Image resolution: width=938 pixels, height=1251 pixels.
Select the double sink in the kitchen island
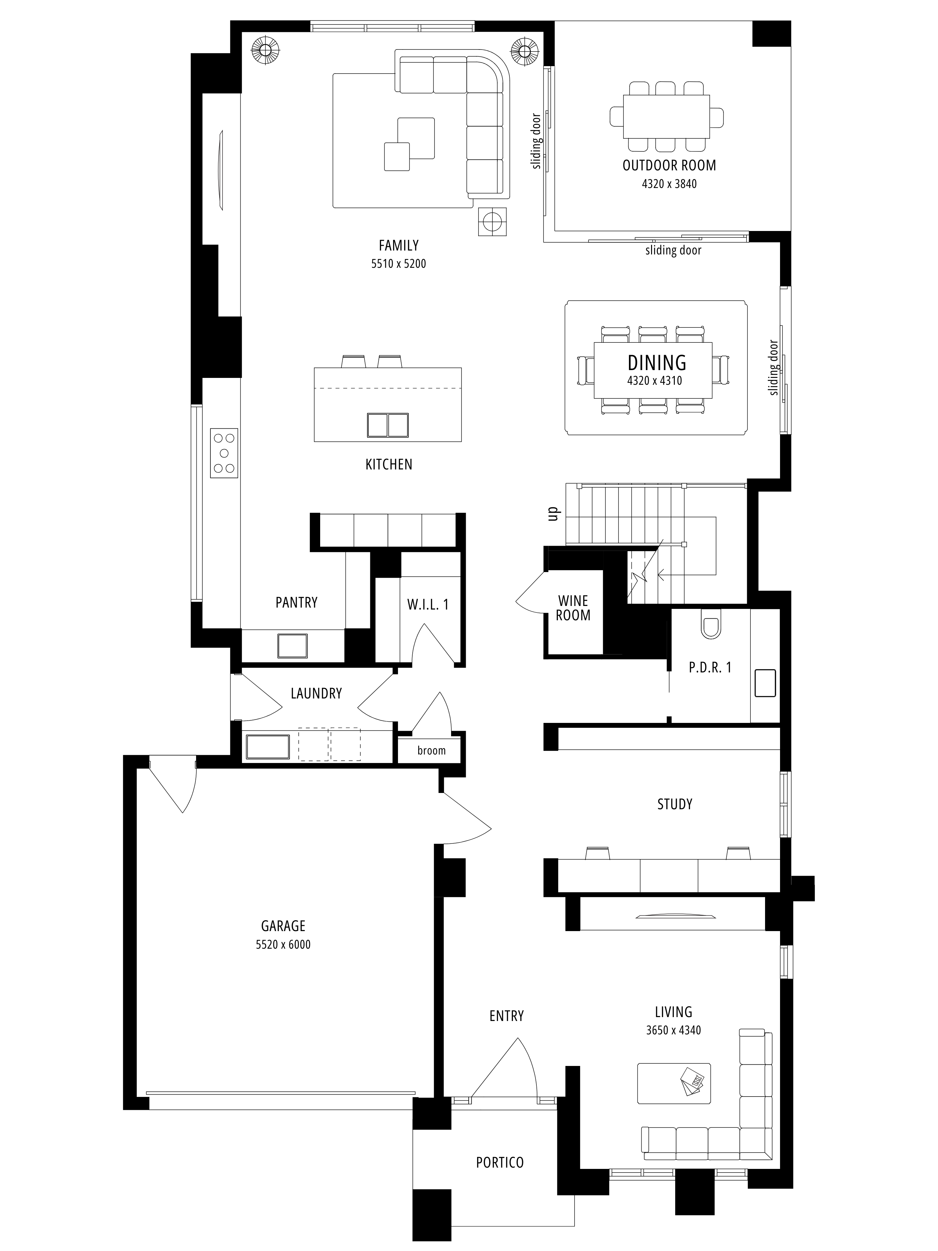(387, 425)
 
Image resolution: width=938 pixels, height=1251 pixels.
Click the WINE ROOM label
(573, 608)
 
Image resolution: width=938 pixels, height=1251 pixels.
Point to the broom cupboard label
(432, 751)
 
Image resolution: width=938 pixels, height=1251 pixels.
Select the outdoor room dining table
(667, 117)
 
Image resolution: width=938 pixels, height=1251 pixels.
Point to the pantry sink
(292, 646)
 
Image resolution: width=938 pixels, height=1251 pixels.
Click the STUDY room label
(675, 804)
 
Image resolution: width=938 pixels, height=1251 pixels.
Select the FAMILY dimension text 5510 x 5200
(399, 264)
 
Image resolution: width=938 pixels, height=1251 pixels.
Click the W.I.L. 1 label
(428, 605)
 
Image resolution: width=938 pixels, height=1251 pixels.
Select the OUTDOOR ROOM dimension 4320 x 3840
(669, 184)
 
